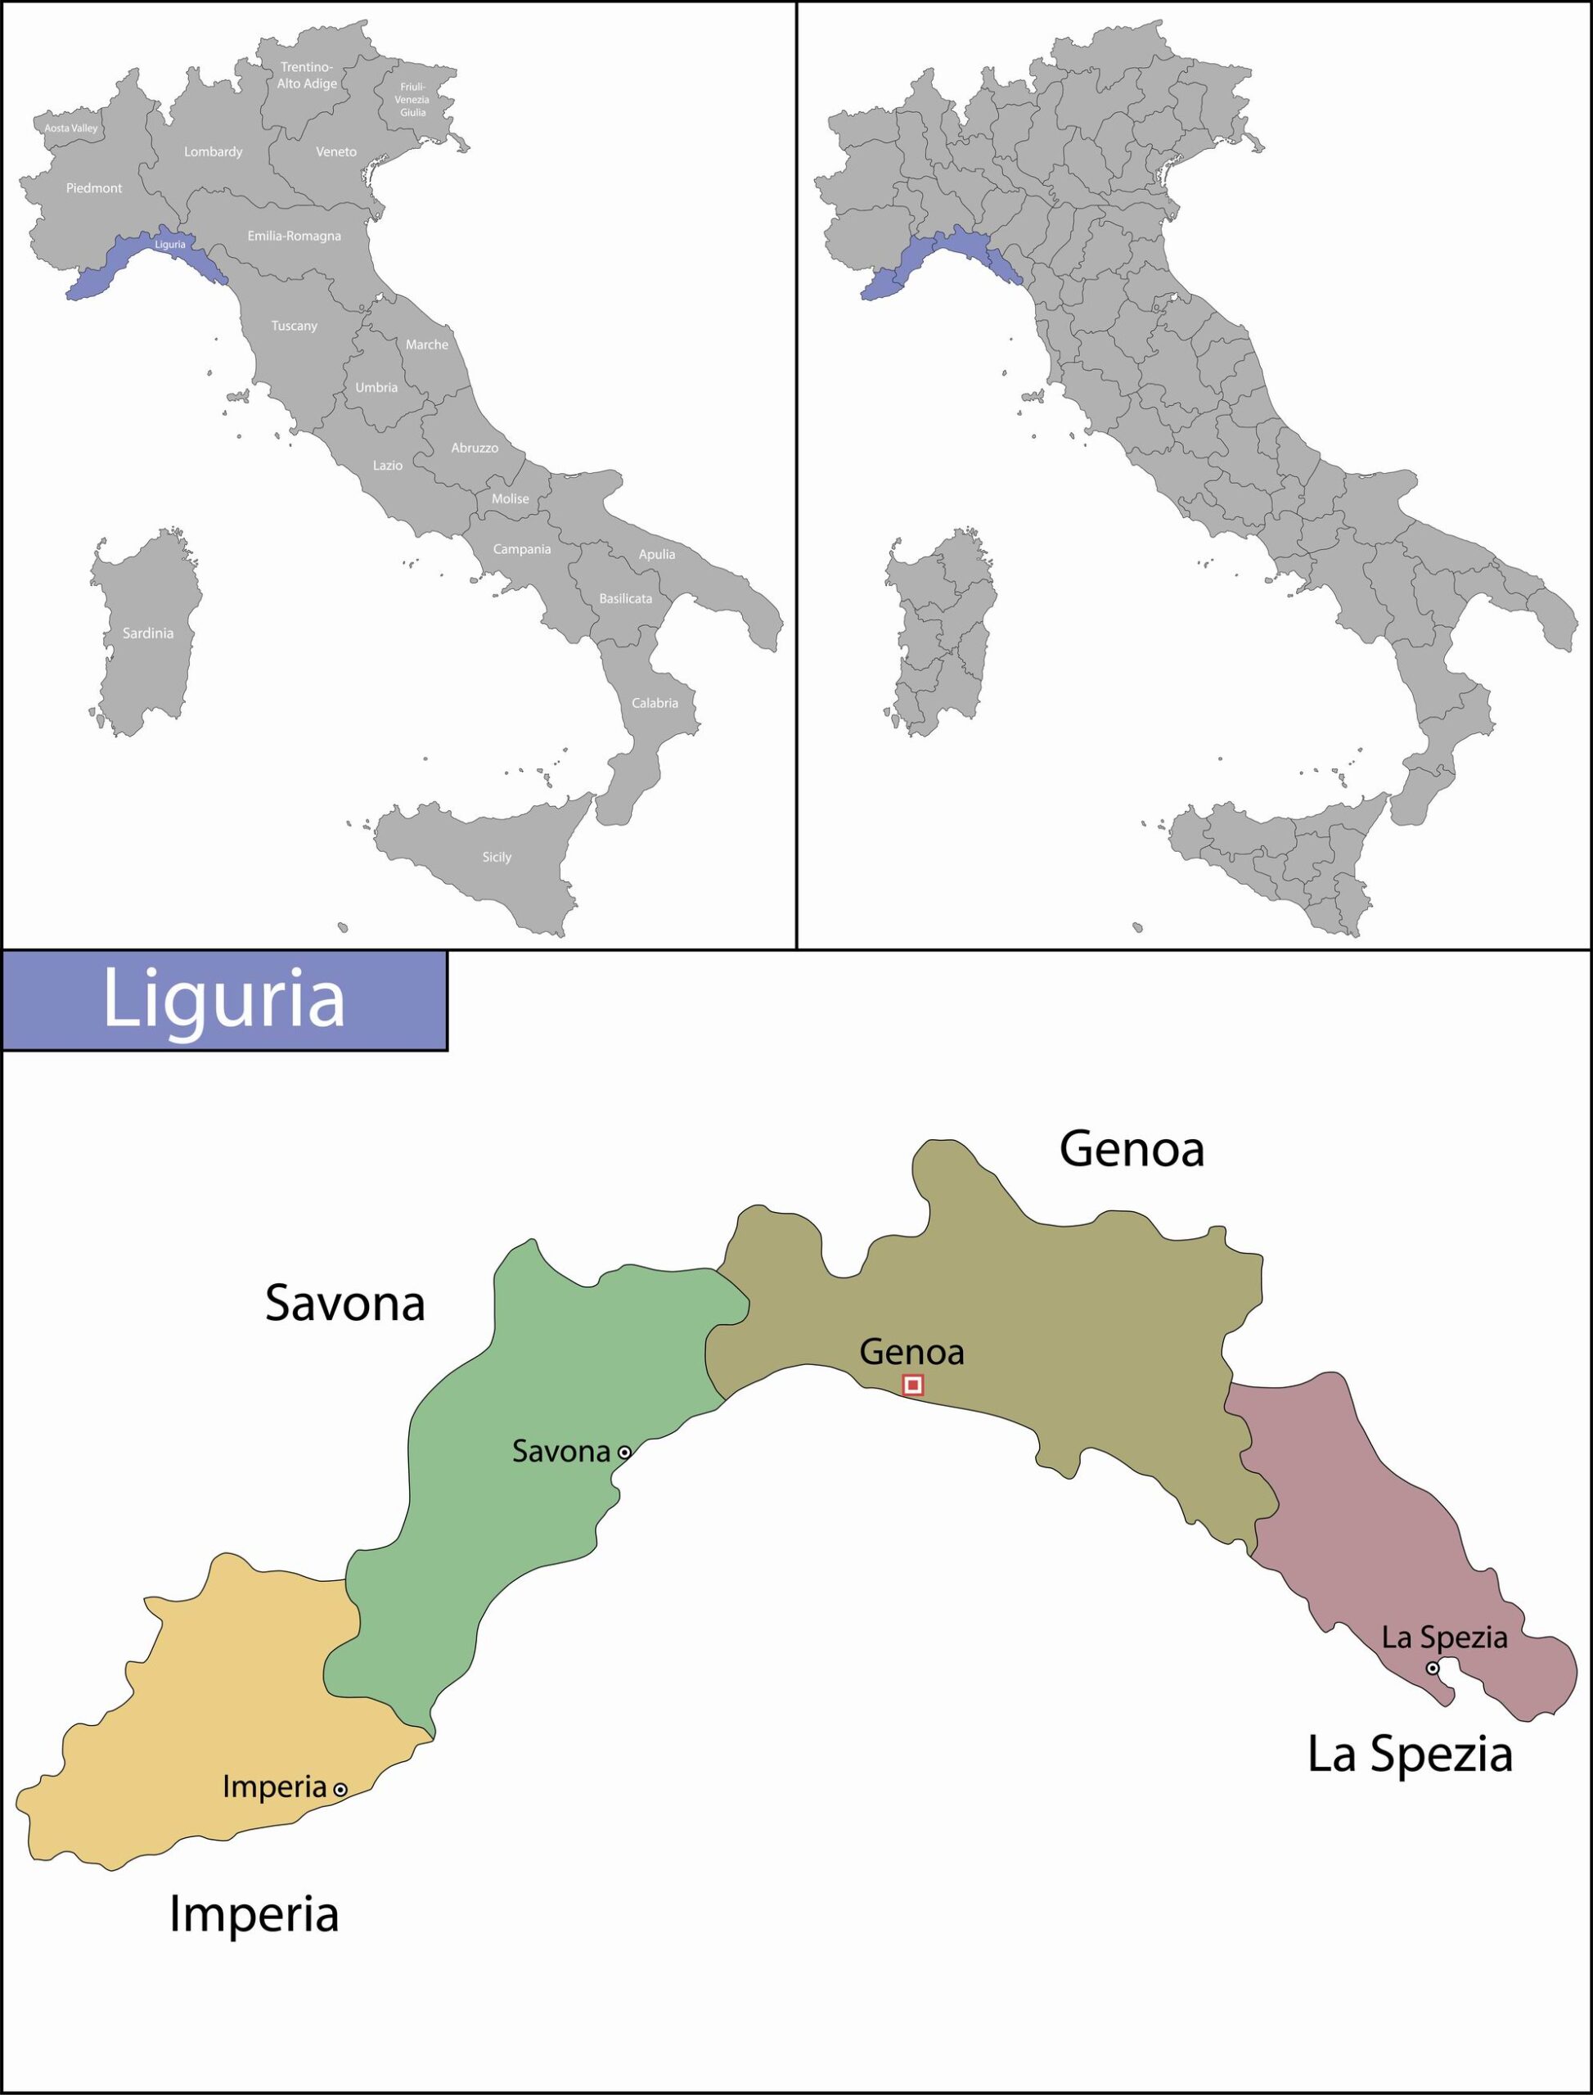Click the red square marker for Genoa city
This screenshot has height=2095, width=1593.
pyautogui.click(x=913, y=1385)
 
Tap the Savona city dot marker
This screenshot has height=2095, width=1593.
pyautogui.click(x=624, y=1452)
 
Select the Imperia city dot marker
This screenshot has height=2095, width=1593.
pyautogui.click(x=340, y=1789)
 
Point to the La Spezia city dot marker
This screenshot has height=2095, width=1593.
pyautogui.click(x=1433, y=1667)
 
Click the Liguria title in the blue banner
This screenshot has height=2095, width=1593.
pyautogui.click(x=224, y=998)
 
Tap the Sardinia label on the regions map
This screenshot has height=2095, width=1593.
pyautogui.click(x=148, y=633)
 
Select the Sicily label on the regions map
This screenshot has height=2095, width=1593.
pyautogui.click(x=497, y=856)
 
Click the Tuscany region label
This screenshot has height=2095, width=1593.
pyautogui.click(x=294, y=326)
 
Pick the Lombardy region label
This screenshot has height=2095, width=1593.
pyautogui.click(x=214, y=151)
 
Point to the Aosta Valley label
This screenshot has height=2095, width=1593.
pyautogui.click(x=71, y=128)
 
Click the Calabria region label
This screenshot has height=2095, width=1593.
pyautogui.click(x=655, y=703)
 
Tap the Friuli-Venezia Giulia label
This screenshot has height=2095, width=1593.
pyautogui.click(x=412, y=100)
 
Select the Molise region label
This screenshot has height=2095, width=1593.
pyautogui.click(x=511, y=498)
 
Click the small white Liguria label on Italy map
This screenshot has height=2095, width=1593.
pyautogui.click(x=171, y=245)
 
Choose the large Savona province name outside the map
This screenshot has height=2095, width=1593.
pyautogui.click(x=345, y=1304)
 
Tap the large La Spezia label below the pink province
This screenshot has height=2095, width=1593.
pyautogui.click(x=1410, y=1754)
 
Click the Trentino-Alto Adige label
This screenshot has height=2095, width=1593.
pyautogui.click(x=307, y=75)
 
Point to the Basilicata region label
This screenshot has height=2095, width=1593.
pyautogui.click(x=626, y=598)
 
